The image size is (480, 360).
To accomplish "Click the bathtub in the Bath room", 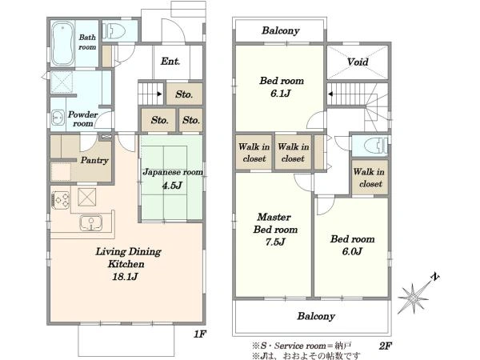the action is click(62, 43).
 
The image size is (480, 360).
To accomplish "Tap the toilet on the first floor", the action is click(114, 31).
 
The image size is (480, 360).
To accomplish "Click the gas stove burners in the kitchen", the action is click(61, 199).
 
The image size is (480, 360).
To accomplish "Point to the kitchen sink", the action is click(91, 222).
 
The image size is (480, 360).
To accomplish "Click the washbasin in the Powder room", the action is click(58, 118).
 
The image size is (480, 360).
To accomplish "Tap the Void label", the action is click(358, 62).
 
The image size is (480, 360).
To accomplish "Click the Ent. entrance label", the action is click(170, 62).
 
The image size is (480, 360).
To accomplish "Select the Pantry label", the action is click(94, 161).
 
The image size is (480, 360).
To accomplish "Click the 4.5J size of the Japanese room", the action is click(172, 185).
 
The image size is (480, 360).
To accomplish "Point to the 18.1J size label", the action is click(126, 277).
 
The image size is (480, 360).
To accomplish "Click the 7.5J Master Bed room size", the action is click(275, 242).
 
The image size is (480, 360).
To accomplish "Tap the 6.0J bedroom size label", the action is click(352, 251).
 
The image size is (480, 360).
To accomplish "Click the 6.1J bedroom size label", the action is click(281, 93).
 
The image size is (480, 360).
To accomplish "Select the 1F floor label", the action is click(200, 334).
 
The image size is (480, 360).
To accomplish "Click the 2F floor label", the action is click(386, 346).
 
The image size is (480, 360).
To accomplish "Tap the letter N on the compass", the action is click(435, 277).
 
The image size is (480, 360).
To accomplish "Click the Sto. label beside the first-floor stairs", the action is click(184, 94).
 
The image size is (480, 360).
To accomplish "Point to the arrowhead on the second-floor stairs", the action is click(330, 94).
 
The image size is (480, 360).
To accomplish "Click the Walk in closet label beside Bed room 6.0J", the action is click(370, 178).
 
